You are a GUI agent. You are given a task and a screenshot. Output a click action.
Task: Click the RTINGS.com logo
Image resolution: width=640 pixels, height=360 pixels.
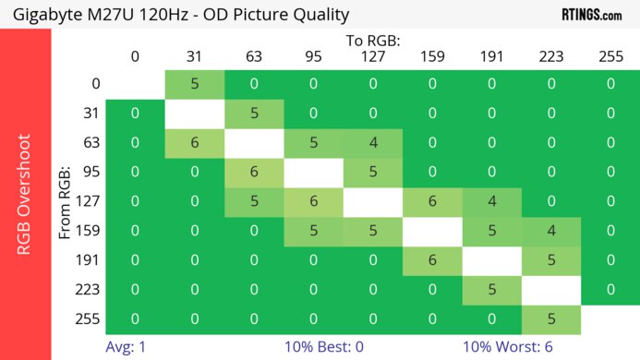coord(591,14)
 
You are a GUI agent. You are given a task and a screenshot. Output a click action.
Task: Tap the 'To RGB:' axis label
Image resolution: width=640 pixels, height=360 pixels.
coord(373,41)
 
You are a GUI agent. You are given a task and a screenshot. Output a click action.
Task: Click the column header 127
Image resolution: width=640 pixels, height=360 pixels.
coord(373,56)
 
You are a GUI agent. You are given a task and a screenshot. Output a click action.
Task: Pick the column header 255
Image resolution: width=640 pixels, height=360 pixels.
coord(610,56)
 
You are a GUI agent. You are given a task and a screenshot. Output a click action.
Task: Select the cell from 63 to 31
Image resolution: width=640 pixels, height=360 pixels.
coord(195,144)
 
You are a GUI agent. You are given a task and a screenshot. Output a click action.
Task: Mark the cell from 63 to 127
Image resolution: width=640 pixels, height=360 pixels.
coord(373,144)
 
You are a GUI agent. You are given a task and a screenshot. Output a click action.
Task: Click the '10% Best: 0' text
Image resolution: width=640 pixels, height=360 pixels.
coord(322,347)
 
